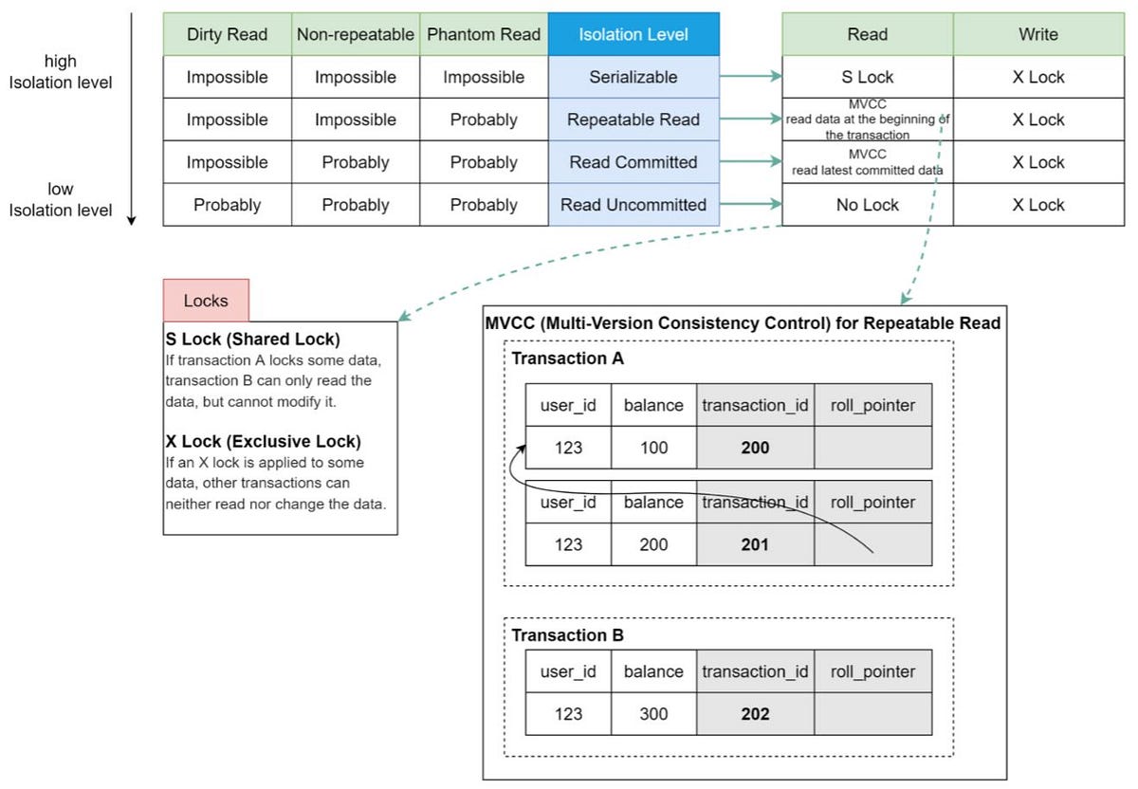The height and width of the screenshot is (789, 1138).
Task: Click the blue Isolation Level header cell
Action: point(633,34)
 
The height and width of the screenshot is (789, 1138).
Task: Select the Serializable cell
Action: point(633,77)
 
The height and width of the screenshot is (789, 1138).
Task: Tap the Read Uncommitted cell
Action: point(633,205)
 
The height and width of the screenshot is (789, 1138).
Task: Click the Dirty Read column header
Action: point(227,34)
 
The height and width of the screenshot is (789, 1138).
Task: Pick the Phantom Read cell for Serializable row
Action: point(484,77)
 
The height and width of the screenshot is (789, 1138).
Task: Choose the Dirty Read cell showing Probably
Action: point(227,205)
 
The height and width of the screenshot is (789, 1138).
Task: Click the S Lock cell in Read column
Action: point(867,77)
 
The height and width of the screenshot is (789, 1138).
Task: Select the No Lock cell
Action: point(867,205)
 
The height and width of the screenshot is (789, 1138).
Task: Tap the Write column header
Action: point(1038,34)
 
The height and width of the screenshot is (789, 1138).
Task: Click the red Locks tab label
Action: point(206,301)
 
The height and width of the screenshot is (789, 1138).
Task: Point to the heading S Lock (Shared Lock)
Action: point(252,339)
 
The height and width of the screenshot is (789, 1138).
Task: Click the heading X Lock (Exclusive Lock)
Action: point(263,441)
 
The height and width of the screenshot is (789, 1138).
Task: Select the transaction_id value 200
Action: point(755,448)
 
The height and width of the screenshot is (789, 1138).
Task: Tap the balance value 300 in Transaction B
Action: point(653,713)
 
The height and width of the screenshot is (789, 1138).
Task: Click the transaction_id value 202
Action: point(755,713)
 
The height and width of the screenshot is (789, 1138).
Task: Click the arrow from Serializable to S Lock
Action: point(750,77)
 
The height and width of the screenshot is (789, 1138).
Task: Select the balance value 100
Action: point(653,448)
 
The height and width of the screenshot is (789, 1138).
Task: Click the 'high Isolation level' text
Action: point(61,72)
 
